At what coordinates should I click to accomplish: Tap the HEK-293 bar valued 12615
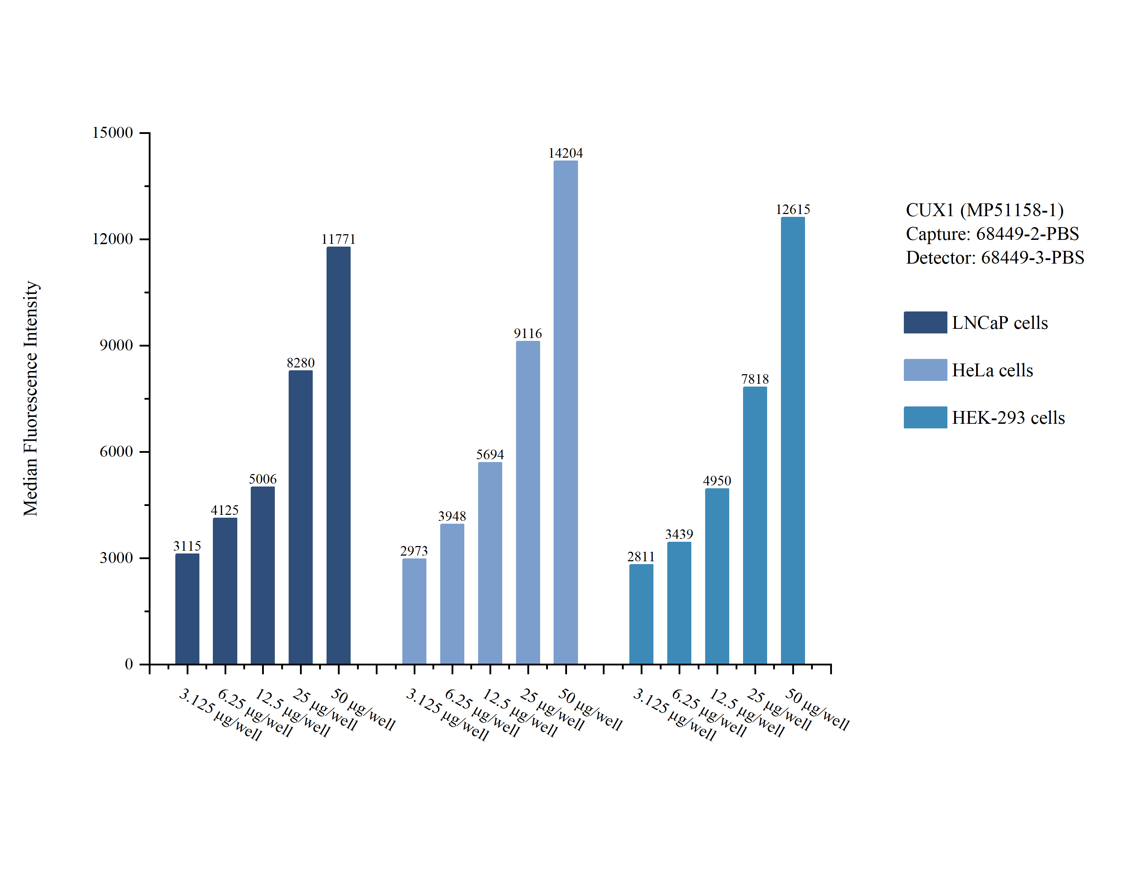(x=793, y=441)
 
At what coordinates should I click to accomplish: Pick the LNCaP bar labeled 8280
(x=300, y=517)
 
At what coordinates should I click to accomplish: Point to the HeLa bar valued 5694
(x=489, y=563)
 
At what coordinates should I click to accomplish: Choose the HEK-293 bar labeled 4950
(x=717, y=576)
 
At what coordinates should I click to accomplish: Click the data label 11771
(x=338, y=239)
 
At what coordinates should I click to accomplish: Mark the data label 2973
(x=414, y=551)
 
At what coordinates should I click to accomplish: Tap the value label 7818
(x=755, y=379)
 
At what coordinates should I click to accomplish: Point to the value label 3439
(x=679, y=534)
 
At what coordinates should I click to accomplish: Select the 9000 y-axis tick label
(x=116, y=345)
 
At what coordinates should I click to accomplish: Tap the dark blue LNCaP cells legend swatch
(x=925, y=322)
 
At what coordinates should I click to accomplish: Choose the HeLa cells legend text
(x=992, y=370)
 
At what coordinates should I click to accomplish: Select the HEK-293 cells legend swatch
(x=925, y=417)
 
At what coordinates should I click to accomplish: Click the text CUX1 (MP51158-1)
(x=985, y=210)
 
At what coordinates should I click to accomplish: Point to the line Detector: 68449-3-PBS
(x=995, y=258)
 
